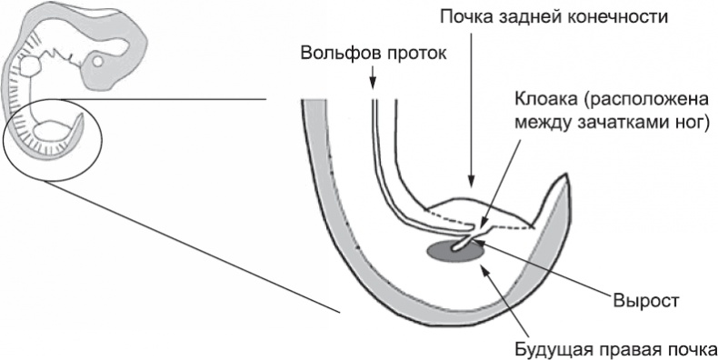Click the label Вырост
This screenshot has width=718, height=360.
coord(647,299)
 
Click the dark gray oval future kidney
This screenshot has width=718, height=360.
coord(451,250)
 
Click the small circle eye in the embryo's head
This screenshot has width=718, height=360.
coord(98,63)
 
